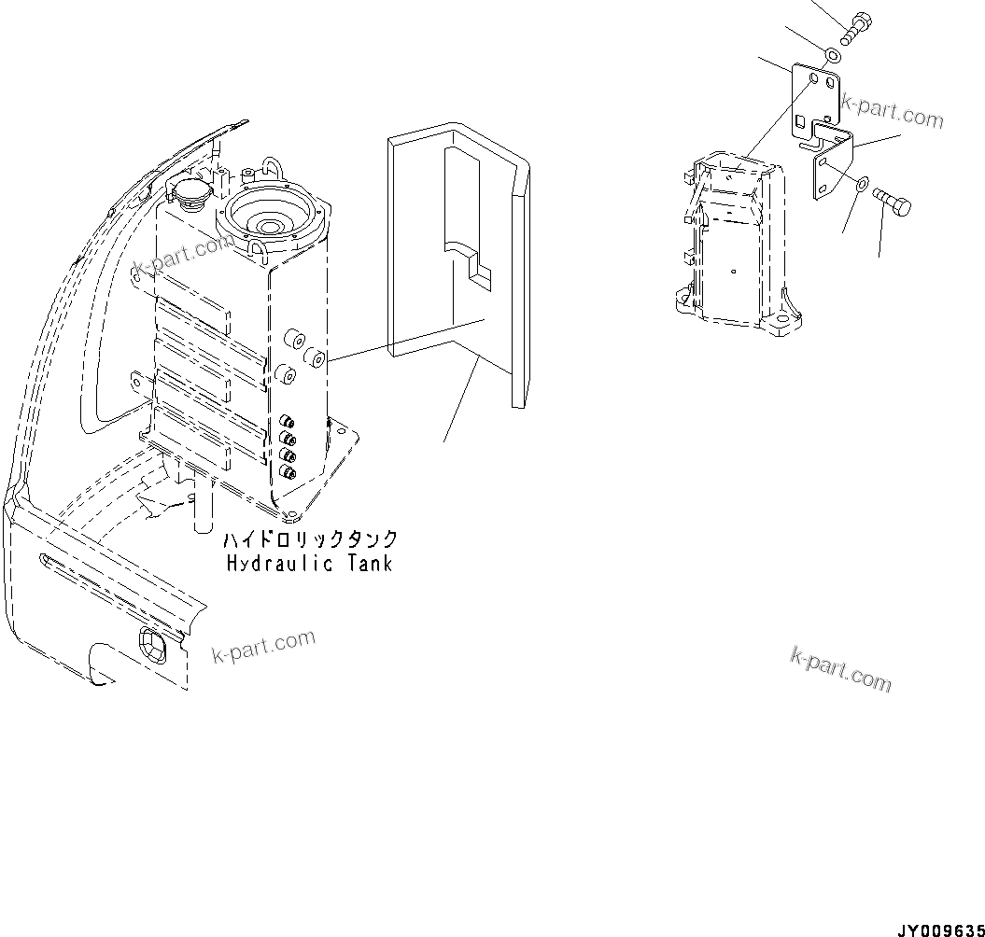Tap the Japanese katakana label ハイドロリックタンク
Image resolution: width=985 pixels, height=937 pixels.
(309, 540)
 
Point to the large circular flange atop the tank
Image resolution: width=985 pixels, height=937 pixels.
(274, 220)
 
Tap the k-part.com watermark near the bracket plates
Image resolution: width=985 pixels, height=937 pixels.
(892, 111)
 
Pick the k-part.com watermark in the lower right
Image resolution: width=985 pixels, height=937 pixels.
(840, 669)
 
